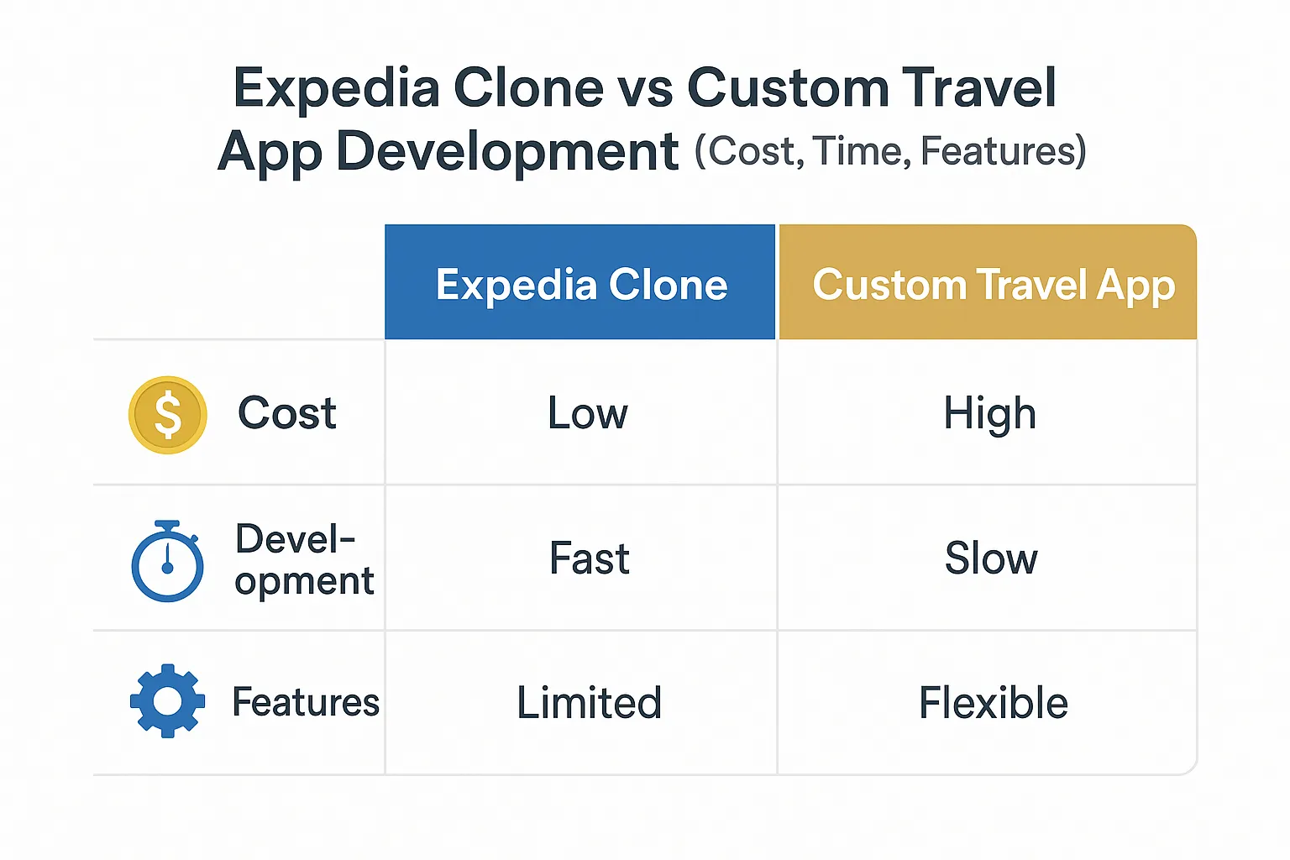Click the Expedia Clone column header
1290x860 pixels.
[580, 281]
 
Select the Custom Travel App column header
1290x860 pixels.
[988, 281]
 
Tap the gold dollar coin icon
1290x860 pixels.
[168, 415]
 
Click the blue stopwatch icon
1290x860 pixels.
[168, 561]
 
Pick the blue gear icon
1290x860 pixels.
[168, 701]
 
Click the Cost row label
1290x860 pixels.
[286, 413]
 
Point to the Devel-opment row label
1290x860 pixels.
[305, 560]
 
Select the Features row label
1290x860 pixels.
[306, 701]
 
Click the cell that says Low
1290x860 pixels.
[587, 413]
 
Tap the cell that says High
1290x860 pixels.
[990, 414]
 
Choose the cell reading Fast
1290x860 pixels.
[589, 558]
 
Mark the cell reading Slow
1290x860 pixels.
[991, 558]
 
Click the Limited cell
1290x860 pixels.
[589, 702]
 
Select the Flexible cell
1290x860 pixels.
[994, 702]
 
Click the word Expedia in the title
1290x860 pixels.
[337, 89]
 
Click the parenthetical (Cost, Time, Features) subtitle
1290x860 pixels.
[890, 151]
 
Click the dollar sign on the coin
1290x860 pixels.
[168, 415]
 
